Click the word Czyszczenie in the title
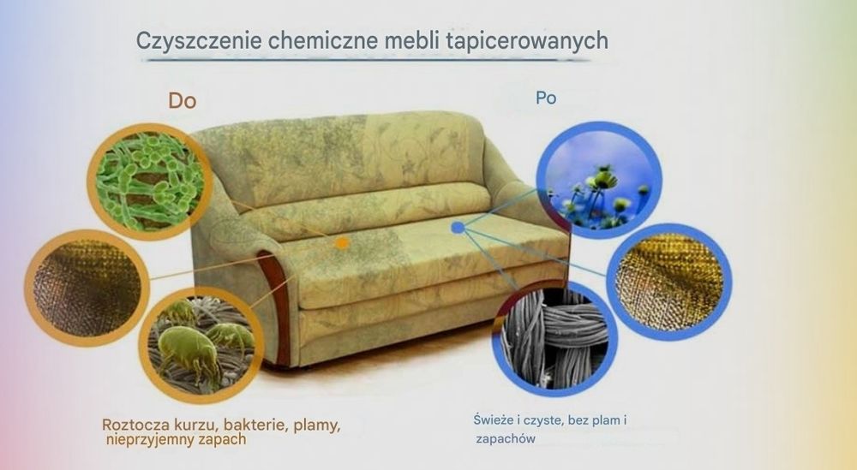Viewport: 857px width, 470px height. [x=199, y=41]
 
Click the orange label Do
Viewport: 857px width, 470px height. [x=182, y=100]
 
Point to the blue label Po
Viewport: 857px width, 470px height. [x=546, y=98]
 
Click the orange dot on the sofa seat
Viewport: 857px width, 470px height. [x=342, y=243]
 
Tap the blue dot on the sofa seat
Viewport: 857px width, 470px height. [x=458, y=228]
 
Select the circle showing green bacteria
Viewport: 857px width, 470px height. [x=149, y=181]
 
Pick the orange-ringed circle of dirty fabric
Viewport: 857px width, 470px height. [x=87, y=288]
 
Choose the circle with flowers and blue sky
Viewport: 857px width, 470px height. [x=598, y=180]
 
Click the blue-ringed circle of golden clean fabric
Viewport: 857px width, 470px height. [x=669, y=282]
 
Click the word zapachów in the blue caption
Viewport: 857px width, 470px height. [x=506, y=439]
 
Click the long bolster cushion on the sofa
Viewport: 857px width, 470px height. [x=366, y=210]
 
